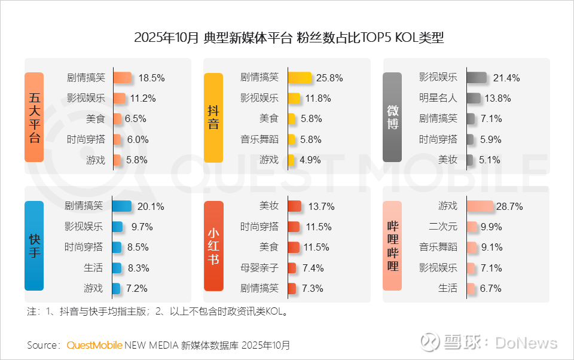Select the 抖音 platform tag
pos(213,117)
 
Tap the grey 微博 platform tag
pos(392,117)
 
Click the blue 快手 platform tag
pos(34,245)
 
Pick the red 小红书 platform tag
pos(213,245)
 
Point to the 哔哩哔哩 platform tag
pos(392,245)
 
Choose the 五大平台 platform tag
pos(34,117)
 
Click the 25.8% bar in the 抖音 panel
pos(300,78)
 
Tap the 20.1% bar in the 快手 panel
pos(121,206)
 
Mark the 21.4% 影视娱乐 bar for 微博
pos(477,78)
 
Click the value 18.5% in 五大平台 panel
pos(151,78)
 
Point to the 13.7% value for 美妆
pos(321,206)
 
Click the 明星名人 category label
pos(438,98)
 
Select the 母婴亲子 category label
pos(259,267)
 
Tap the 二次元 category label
pos(443,227)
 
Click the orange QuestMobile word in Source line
pos(94,345)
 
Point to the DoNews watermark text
pos(526,343)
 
